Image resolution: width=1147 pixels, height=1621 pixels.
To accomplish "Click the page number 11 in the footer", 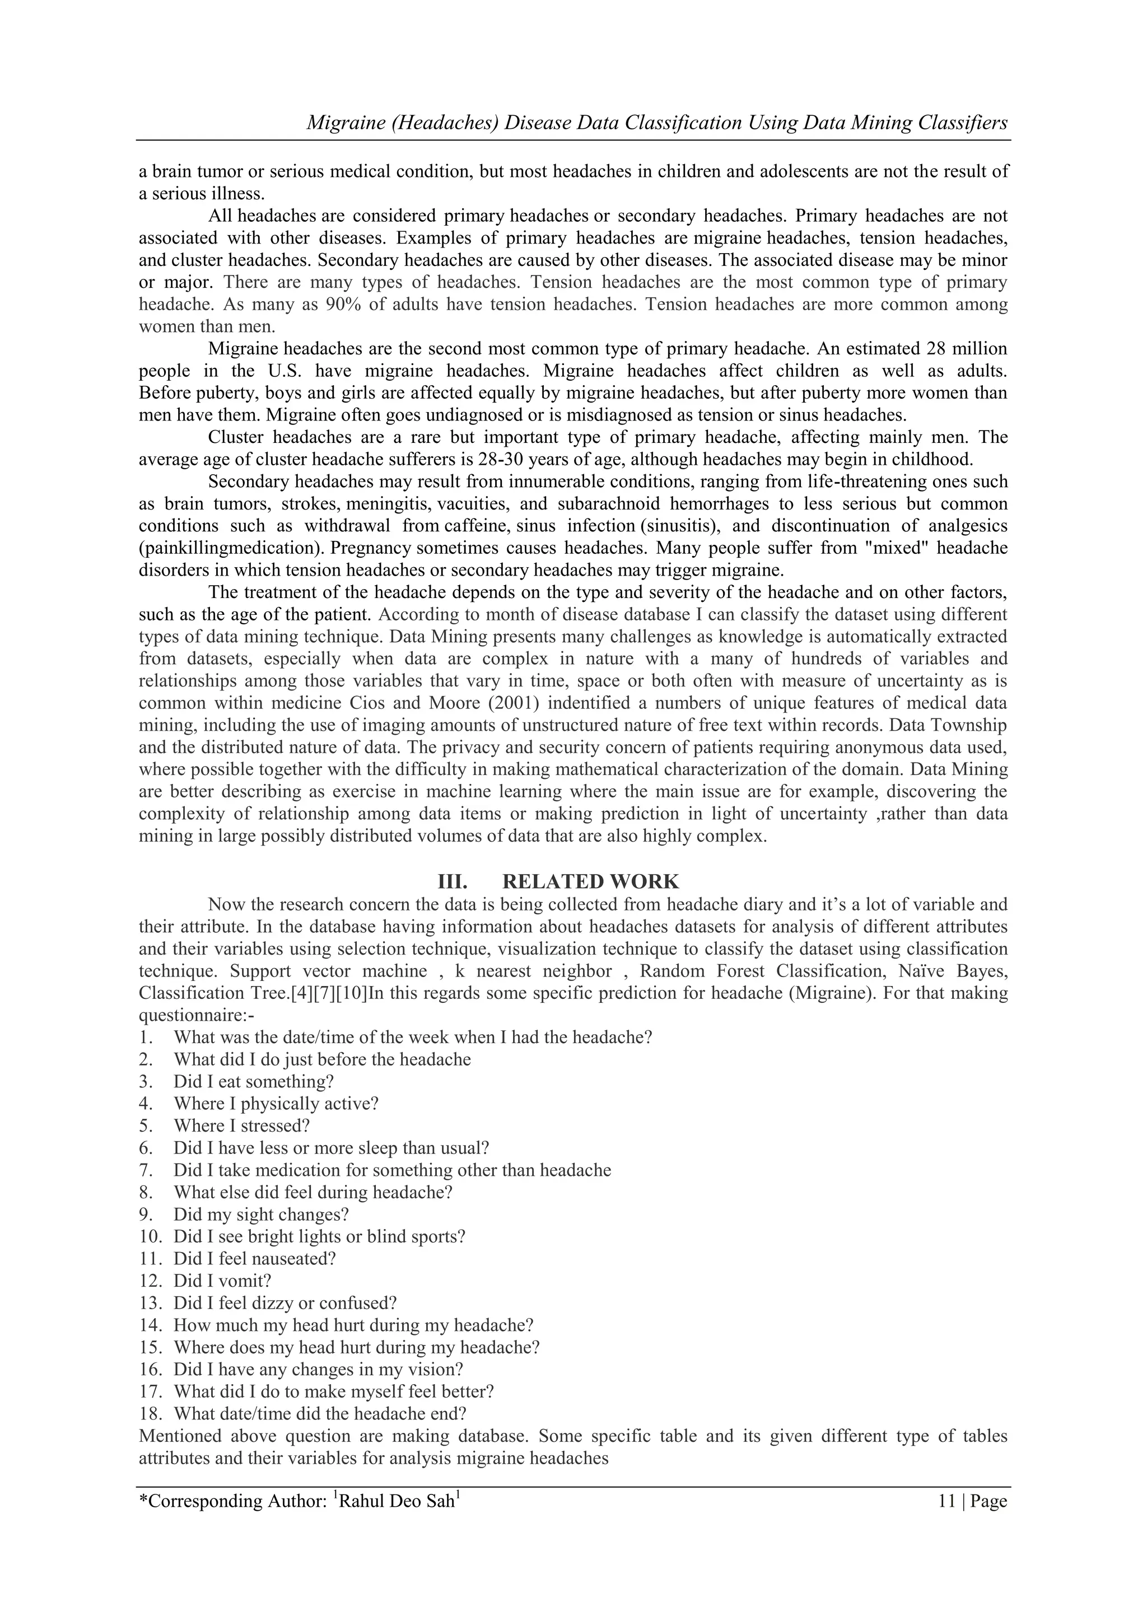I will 946,1501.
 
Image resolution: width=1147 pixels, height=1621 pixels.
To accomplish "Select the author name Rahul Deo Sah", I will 396,1502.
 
